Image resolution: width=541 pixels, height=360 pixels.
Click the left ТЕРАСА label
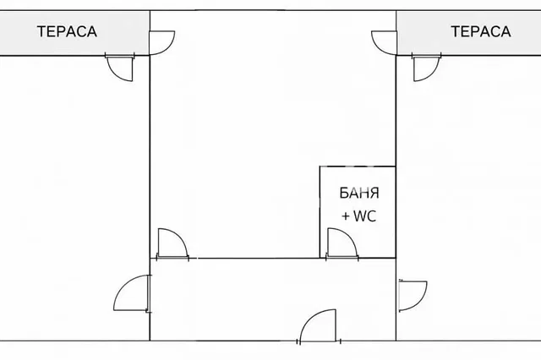pos(67,31)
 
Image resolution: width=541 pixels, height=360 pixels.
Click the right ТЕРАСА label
pos(481,31)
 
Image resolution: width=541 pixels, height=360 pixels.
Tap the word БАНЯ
pos(359,194)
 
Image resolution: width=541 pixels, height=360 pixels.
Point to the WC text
pos(364,216)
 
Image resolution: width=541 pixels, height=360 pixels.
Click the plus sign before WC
pos(346,217)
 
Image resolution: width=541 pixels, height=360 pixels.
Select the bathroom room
pos(358,212)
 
